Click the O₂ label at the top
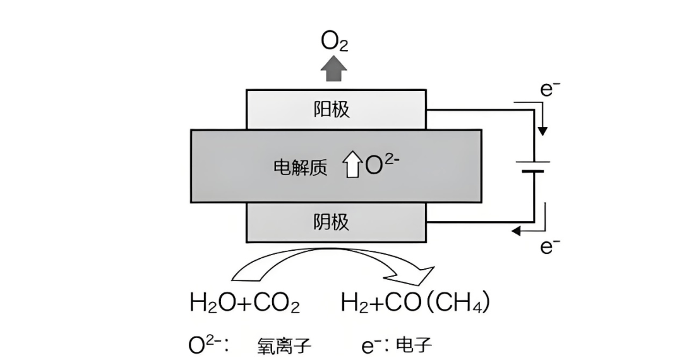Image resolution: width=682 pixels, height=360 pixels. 334,42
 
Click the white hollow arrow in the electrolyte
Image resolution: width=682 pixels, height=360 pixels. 351,166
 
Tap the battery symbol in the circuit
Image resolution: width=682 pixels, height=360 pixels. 534,166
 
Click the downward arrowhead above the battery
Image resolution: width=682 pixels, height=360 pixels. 542,131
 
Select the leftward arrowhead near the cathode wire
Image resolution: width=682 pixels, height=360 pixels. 517,231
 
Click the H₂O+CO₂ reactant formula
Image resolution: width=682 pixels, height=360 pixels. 244,303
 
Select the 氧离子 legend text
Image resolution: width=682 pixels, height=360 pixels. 284,345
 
